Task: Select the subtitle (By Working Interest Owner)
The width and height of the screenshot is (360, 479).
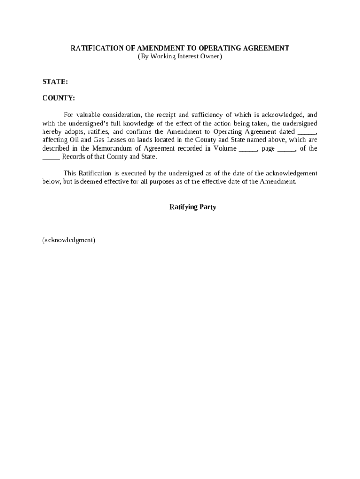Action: [x=180, y=57]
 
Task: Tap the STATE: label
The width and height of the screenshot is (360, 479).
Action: [x=55, y=81]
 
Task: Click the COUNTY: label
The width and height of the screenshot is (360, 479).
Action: [x=58, y=98]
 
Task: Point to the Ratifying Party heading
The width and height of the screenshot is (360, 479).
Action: [x=193, y=207]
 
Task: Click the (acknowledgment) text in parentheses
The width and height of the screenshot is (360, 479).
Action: [x=69, y=240]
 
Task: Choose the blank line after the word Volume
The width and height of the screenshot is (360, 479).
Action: [x=248, y=149]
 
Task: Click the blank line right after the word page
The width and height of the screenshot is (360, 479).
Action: [x=286, y=149]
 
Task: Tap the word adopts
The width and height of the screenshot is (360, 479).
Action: [x=74, y=131]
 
